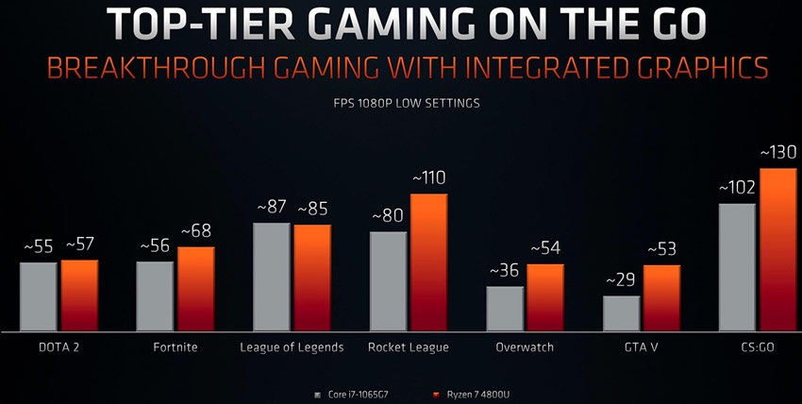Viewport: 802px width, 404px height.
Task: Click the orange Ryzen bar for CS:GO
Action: pyautogui.click(x=778, y=249)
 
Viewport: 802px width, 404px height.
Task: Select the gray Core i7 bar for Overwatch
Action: pyautogui.click(x=505, y=309)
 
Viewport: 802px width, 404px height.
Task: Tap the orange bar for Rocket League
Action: pyautogui.click(x=428, y=262)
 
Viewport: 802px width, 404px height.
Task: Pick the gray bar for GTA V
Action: pyautogui.click(x=621, y=313)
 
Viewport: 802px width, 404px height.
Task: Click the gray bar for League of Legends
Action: pyautogui.click(x=272, y=277)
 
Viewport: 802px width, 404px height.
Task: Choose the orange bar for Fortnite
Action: pyautogui.click(x=196, y=289)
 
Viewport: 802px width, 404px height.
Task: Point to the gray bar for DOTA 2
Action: pyautogui.click(x=39, y=296)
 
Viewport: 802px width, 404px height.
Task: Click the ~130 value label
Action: pyautogui.click(x=778, y=153)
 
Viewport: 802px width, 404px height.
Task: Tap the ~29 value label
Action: pyautogui.click(x=622, y=281)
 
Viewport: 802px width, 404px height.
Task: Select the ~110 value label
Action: pyautogui.click(x=427, y=177)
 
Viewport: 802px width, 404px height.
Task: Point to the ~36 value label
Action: pyautogui.click(x=506, y=270)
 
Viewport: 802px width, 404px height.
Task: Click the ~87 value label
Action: pyautogui.click(x=273, y=208)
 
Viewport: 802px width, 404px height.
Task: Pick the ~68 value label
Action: pyautogui.click(x=196, y=231)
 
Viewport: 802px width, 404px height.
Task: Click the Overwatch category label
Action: pyautogui.click(x=525, y=347)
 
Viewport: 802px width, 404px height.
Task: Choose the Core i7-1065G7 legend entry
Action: pyautogui.click(x=358, y=394)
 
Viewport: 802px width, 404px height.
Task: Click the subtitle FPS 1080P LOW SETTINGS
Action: pyautogui.click(x=401, y=102)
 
